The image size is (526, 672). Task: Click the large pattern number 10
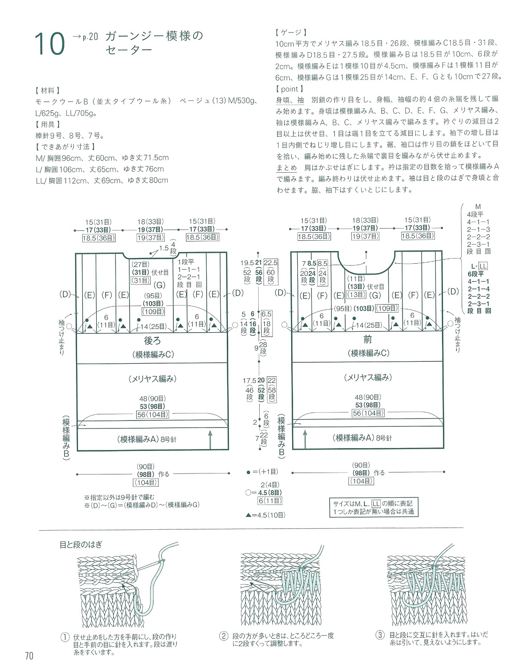(x=49, y=44)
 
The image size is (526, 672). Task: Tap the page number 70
(x=29, y=656)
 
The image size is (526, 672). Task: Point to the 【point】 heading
(x=290, y=89)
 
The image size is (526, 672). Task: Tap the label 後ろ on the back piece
(x=152, y=341)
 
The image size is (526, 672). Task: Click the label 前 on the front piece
(x=367, y=339)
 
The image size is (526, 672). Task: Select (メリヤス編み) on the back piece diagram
(x=153, y=379)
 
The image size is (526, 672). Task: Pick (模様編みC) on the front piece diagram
(x=368, y=353)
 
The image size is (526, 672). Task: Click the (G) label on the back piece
(x=160, y=285)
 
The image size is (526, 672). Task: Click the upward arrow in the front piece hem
(x=305, y=438)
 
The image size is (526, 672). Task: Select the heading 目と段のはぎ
(x=81, y=544)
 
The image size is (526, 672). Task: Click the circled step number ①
(x=65, y=637)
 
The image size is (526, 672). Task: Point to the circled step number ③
(x=380, y=635)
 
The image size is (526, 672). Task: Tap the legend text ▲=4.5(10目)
(x=265, y=515)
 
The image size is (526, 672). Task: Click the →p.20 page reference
(x=85, y=37)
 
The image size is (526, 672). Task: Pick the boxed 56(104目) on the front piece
(x=368, y=413)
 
